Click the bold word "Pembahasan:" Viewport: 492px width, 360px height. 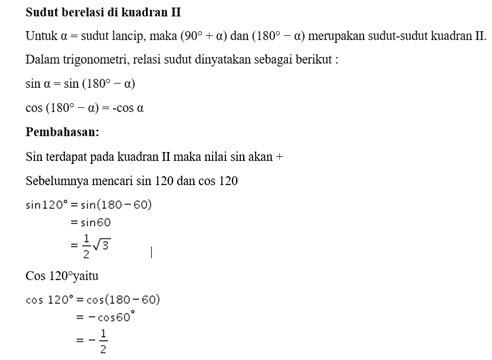click(x=61, y=131)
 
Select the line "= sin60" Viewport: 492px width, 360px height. click(x=93, y=225)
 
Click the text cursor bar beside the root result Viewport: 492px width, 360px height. click(x=151, y=252)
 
